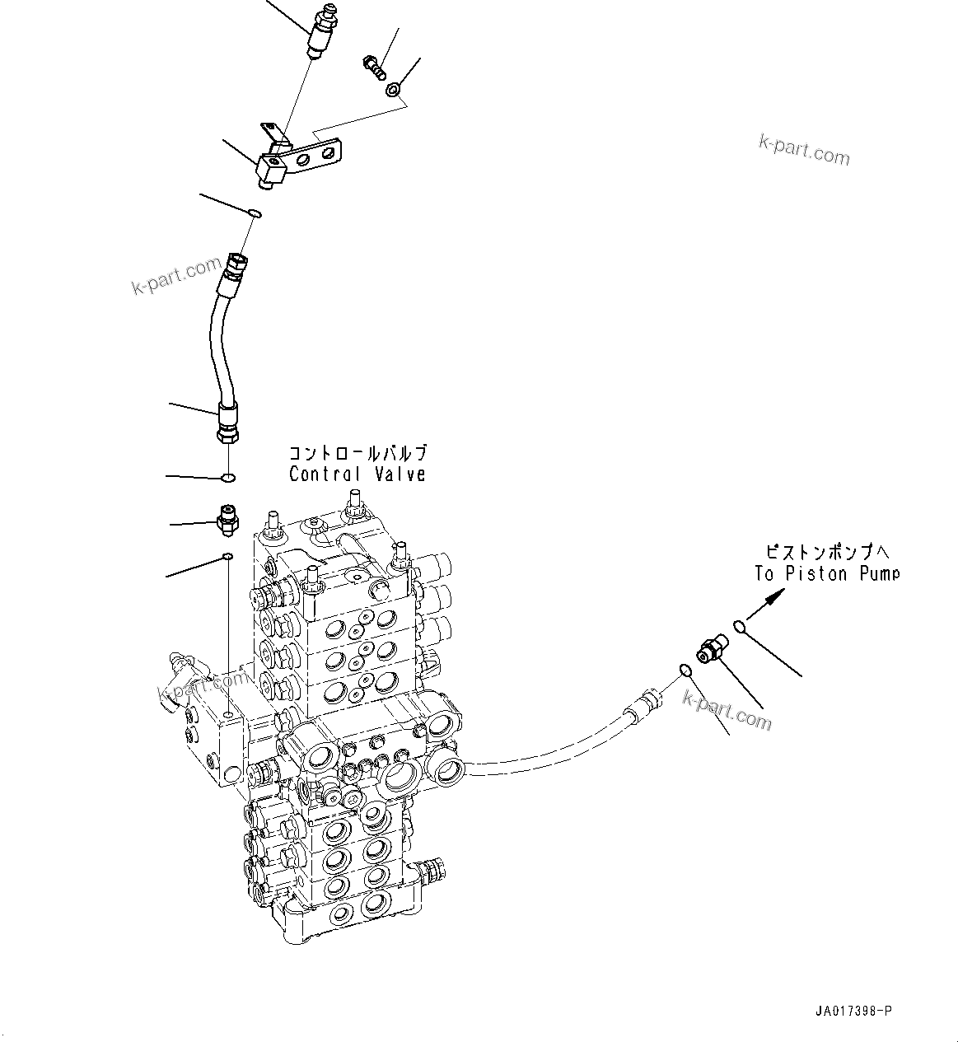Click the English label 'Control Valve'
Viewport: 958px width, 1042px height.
pyautogui.click(x=357, y=474)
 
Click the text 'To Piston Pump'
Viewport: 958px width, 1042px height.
pyautogui.click(x=826, y=573)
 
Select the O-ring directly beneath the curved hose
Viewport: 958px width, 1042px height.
pyautogui.click(x=227, y=478)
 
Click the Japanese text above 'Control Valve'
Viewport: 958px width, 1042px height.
pyautogui.click(x=357, y=453)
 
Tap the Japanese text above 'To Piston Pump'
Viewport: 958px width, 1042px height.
pyautogui.click(x=826, y=552)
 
